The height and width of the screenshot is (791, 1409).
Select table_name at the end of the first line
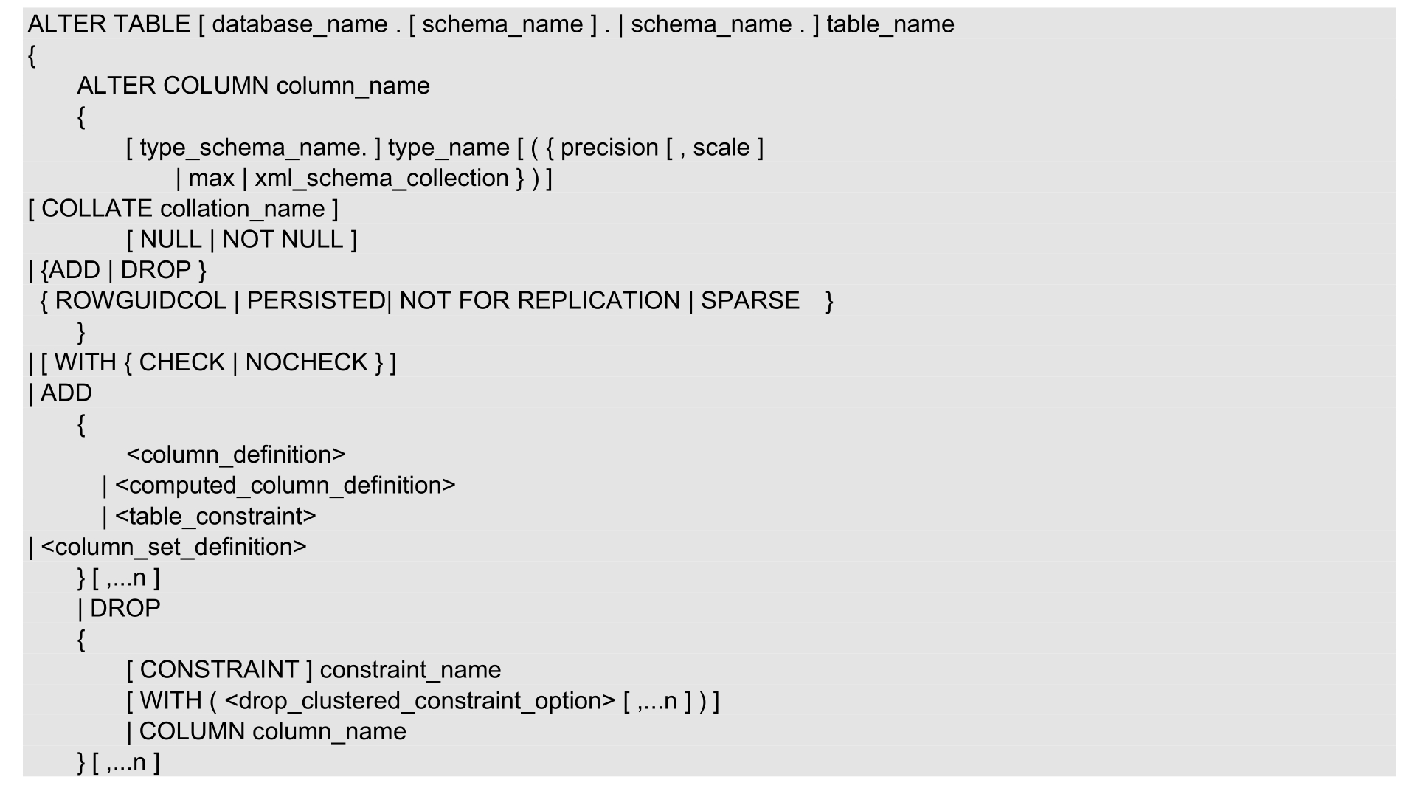click(x=890, y=24)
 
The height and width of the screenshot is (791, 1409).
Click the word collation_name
click(x=243, y=209)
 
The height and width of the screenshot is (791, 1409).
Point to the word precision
click(x=609, y=148)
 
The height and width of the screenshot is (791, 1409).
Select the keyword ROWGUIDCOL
click(x=140, y=301)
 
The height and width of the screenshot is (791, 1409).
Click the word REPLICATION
click(x=598, y=301)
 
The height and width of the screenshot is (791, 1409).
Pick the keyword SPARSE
click(x=749, y=301)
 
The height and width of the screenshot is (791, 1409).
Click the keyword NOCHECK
click(x=306, y=362)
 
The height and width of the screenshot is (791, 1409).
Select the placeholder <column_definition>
click(x=235, y=455)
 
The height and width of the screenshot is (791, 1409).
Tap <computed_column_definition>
click(x=285, y=486)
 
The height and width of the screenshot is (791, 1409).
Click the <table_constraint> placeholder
click(x=215, y=517)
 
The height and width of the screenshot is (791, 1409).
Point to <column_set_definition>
click(x=173, y=547)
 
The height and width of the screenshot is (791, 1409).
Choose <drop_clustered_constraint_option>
click(x=419, y=701)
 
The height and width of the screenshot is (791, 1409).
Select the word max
click(x=211, y=179)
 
